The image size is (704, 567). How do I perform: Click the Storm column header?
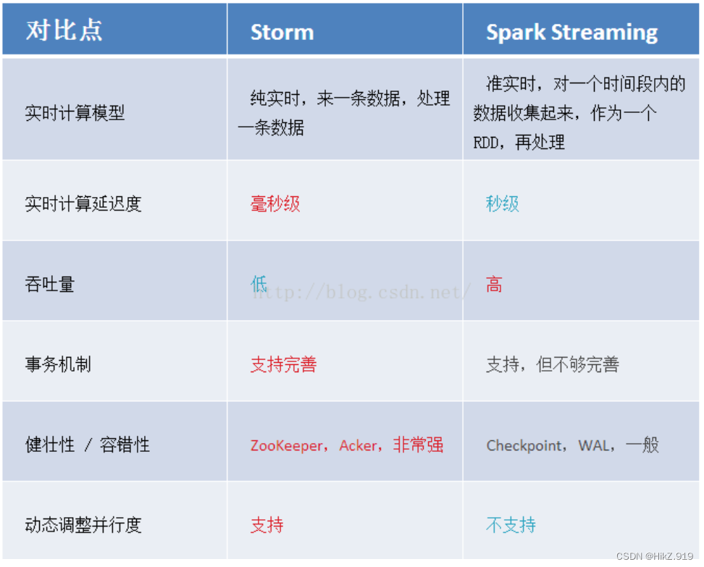(x=282, y=33)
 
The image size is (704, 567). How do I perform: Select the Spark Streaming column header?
(x=572, y=33)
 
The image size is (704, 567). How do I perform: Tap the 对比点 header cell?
(x=64, y=31)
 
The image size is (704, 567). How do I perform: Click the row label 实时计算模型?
(x=75, y=113)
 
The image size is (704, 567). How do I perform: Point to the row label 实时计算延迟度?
(x=83, y=203)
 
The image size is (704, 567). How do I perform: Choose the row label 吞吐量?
(x=50, y=284)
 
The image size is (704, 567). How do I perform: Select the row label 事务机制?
(x=58, y=364)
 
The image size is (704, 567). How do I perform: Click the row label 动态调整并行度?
(x=83, y=525)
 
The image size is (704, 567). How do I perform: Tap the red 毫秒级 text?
(x=275, y=203)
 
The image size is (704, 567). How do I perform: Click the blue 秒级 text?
(x=503, y=203)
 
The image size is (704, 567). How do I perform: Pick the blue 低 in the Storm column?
(x=259, y=284)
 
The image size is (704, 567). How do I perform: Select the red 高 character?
(x=494, y=284)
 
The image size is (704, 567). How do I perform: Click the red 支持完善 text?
(x=283, y=364)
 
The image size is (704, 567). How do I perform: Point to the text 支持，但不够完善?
(x=553, y=364)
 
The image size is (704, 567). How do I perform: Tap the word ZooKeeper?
(x=286, y=445)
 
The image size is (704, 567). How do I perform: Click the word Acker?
(x=358, y=445)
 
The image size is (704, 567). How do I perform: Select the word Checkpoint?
(x=524, y=445)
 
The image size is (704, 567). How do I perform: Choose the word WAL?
(x=593, y=445)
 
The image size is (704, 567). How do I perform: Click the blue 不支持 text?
(x=511, y=525)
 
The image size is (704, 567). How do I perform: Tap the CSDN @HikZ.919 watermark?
(x=654, y=556)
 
